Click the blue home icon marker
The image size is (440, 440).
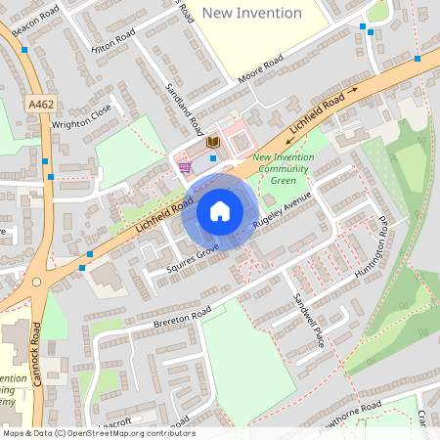click(x=220, y=211)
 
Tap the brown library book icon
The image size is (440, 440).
click(x=212, y=143)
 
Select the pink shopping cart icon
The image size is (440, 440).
click(x=185, y=168)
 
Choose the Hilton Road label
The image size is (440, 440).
click(x=112, y=40)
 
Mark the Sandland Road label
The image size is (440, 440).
click(x=184, y=108)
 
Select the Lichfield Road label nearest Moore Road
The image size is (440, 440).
click(x=318, y=113)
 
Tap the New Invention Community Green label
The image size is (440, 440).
click(x=282, y=169)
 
